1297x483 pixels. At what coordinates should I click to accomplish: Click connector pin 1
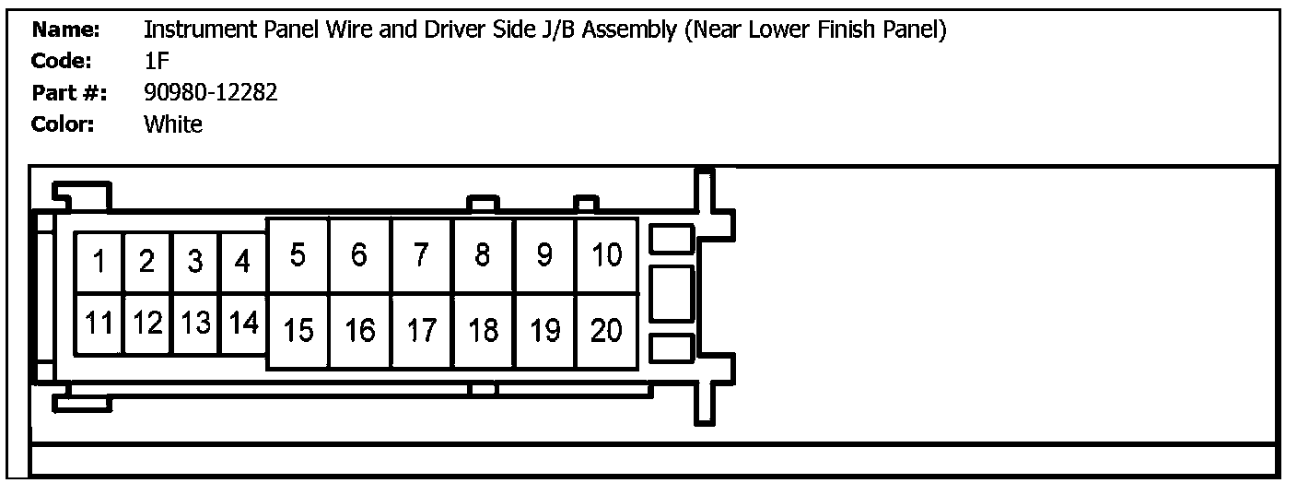tap(99, 262)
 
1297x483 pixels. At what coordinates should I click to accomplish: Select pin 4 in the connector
tap(243, 262)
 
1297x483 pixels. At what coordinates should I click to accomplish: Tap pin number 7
tap(421, 255)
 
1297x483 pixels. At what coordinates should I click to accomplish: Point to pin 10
tap(607, 255)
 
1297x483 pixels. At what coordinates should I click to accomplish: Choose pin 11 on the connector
tap(99, 324)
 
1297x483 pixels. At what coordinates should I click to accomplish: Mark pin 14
tap(243, 324)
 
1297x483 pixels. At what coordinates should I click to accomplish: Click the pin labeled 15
tap(298, 331)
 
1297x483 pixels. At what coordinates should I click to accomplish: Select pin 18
tap(484, 331)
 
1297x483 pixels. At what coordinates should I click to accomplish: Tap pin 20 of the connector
tap(607, 331)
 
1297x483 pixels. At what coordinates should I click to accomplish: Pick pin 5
tap(298, 255)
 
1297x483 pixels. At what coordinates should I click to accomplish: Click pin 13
tap(195, 324)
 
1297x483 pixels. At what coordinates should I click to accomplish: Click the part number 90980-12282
tap(211, 93)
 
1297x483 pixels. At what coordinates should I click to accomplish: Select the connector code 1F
tap(157, 61)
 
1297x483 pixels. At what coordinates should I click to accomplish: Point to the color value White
tap(173, 124)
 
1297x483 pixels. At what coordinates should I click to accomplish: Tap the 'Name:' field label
tap(66, 29)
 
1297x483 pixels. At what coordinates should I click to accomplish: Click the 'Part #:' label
tap(69, 93)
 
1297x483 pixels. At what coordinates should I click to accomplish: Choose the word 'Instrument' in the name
tap(200, 29)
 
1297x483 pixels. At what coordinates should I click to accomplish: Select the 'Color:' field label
tap(63, 124)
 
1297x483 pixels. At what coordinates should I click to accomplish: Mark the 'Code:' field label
tap(62, 61)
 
